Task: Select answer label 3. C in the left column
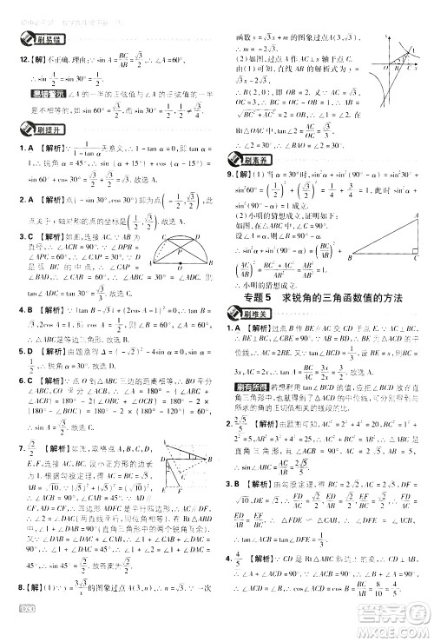(x=25, y=235)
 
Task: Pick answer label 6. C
(x=25, y=380)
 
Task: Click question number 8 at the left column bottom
(x=23, y=612)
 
